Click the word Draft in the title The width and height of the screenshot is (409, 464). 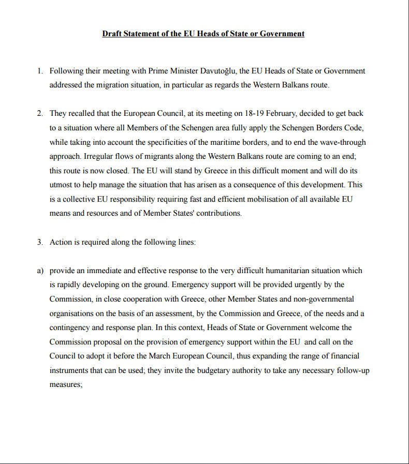pos(112,34)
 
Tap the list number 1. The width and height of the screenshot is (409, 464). pos(40,71)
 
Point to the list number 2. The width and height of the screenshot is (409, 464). pos(40,113)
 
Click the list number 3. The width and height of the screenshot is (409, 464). pos(40,242)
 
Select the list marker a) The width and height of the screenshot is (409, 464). pos(40,271)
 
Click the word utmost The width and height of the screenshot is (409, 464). pos(61,185)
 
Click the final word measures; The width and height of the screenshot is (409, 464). pos(66,384)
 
